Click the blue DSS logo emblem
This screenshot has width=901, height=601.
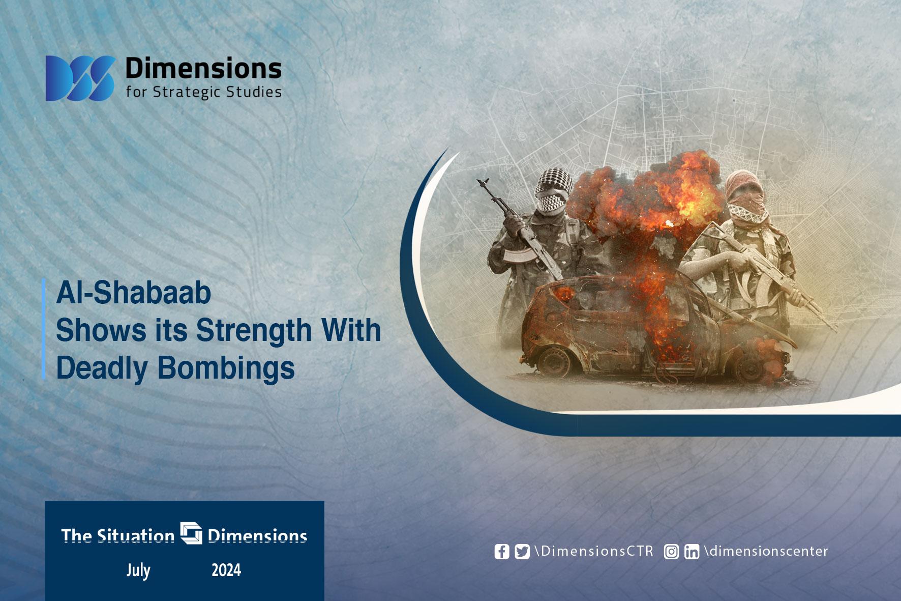(x=80, y=78)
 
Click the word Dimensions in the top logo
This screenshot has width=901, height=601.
(x=203, y=68)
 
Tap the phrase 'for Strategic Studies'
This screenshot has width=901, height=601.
(x=203, y=92)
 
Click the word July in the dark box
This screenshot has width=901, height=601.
(x=138, y=570)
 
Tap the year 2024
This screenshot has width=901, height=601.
(x=226, y=570)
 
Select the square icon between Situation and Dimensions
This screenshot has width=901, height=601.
(x=191, y=533)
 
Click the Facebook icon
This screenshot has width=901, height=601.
(x=502, y=552)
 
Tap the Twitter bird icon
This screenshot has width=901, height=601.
(x=522, y=552)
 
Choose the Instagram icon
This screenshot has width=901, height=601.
(x=671, y=552)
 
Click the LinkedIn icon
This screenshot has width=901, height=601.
(x=692, y=552)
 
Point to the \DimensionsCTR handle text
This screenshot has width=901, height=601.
(x=594, y=551)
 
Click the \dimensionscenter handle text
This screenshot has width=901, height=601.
(x=766, y=551)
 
